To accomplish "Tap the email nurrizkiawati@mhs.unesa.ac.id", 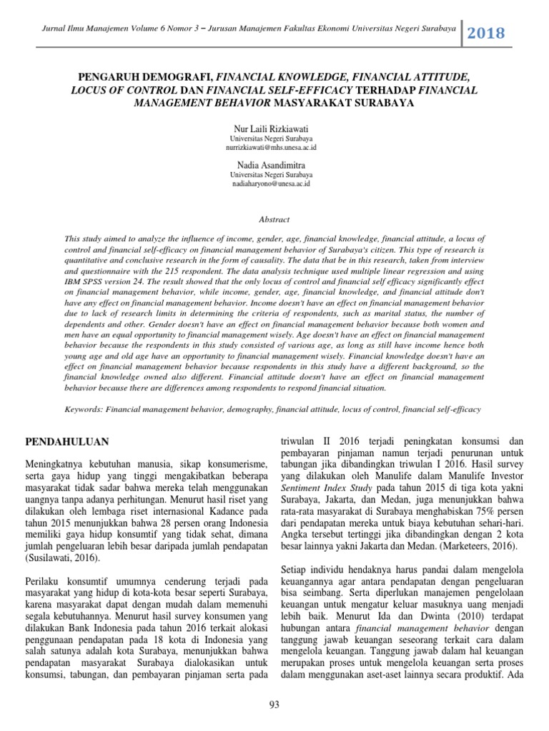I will pos(273,146).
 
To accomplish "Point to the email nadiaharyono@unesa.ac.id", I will pos(273,183).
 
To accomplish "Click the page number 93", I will pos(274,706).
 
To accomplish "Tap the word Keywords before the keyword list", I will pos(83,410).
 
